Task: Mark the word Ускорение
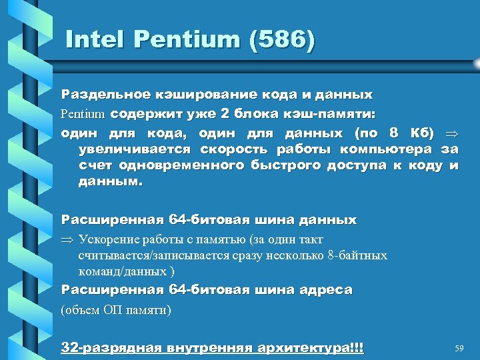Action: click(x=106, y=239)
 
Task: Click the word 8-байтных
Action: click(x=360, y=255)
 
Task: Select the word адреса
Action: click(x=325, y=290)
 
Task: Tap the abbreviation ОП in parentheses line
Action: click(x=113, y=309)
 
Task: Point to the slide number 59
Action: click(x=459, y=348)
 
